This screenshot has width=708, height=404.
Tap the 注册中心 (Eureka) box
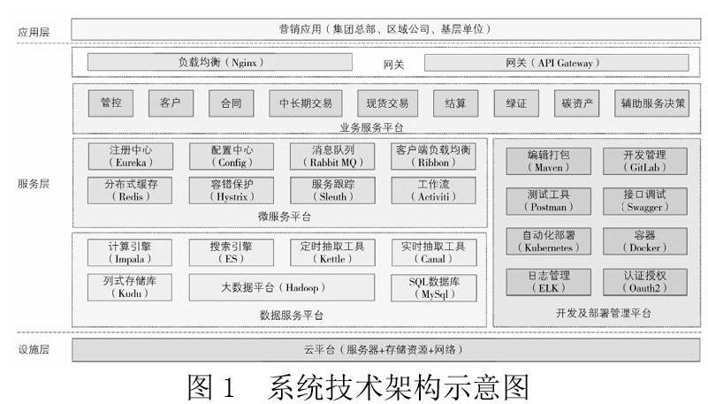click(x=131, y=156)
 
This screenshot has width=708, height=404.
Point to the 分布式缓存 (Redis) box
click(x=131, y=190)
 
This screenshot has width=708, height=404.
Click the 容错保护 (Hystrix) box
click(x=232, y=190)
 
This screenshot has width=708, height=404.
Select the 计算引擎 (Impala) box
click(x=131, y=252)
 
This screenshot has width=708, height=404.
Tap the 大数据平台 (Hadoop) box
click(x=282, y=287)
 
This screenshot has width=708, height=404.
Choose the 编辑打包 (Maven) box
click(x=548, y=161)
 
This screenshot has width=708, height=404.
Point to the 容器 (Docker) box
click(x=644, y=240)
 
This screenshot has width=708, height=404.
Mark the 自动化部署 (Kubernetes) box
click(x=548, y=240)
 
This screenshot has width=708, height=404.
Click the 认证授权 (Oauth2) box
click(x=644, y=282)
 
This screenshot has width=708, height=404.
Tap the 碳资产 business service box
click(x=578, y=103)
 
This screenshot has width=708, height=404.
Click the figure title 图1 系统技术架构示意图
click(x=357, y=387)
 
